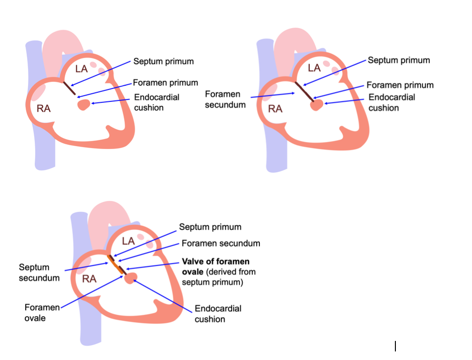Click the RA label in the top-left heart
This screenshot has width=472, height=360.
[44, 108]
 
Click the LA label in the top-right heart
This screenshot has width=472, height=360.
[314, 68]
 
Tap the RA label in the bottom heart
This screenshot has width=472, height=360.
[89, 279]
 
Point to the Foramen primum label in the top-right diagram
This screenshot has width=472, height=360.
[400, 85]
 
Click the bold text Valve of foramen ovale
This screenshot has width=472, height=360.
[216, 267]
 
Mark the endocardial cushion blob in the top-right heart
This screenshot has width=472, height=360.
[316, 105]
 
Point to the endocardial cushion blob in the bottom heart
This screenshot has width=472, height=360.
[130, 278]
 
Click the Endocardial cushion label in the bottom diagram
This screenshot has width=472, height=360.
[217, 313]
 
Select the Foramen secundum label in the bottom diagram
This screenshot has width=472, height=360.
[221, 243]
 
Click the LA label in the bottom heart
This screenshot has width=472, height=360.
[129, 240]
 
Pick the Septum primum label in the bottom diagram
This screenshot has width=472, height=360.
[210, 227]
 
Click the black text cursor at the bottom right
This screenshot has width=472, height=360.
[395, 346]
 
